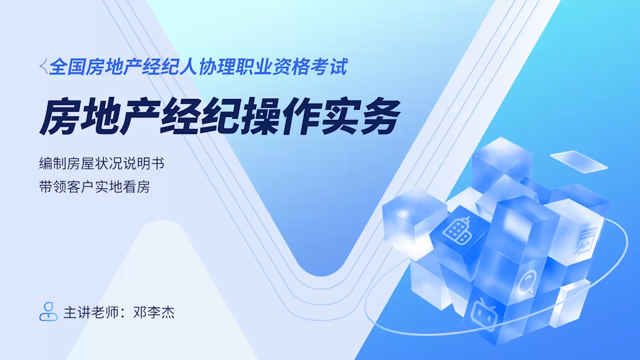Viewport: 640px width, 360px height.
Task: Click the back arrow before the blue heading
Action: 43,66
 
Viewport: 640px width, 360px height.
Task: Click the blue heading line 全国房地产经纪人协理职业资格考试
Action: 198,66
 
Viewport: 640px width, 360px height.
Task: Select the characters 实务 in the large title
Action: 360,116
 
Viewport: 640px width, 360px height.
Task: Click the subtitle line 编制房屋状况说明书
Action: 101,163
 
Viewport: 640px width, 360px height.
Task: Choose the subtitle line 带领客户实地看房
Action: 94,187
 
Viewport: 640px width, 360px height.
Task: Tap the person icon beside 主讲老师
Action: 48,311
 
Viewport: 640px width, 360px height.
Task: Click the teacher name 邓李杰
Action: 153,312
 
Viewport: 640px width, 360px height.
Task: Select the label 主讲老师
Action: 91,312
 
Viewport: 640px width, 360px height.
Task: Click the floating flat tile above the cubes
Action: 578,161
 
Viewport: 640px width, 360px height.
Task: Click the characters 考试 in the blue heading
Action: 329,66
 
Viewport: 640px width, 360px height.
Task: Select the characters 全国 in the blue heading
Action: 67,66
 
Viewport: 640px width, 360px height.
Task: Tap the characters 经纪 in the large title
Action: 199,116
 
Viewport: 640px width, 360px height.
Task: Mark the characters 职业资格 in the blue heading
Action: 273,66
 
